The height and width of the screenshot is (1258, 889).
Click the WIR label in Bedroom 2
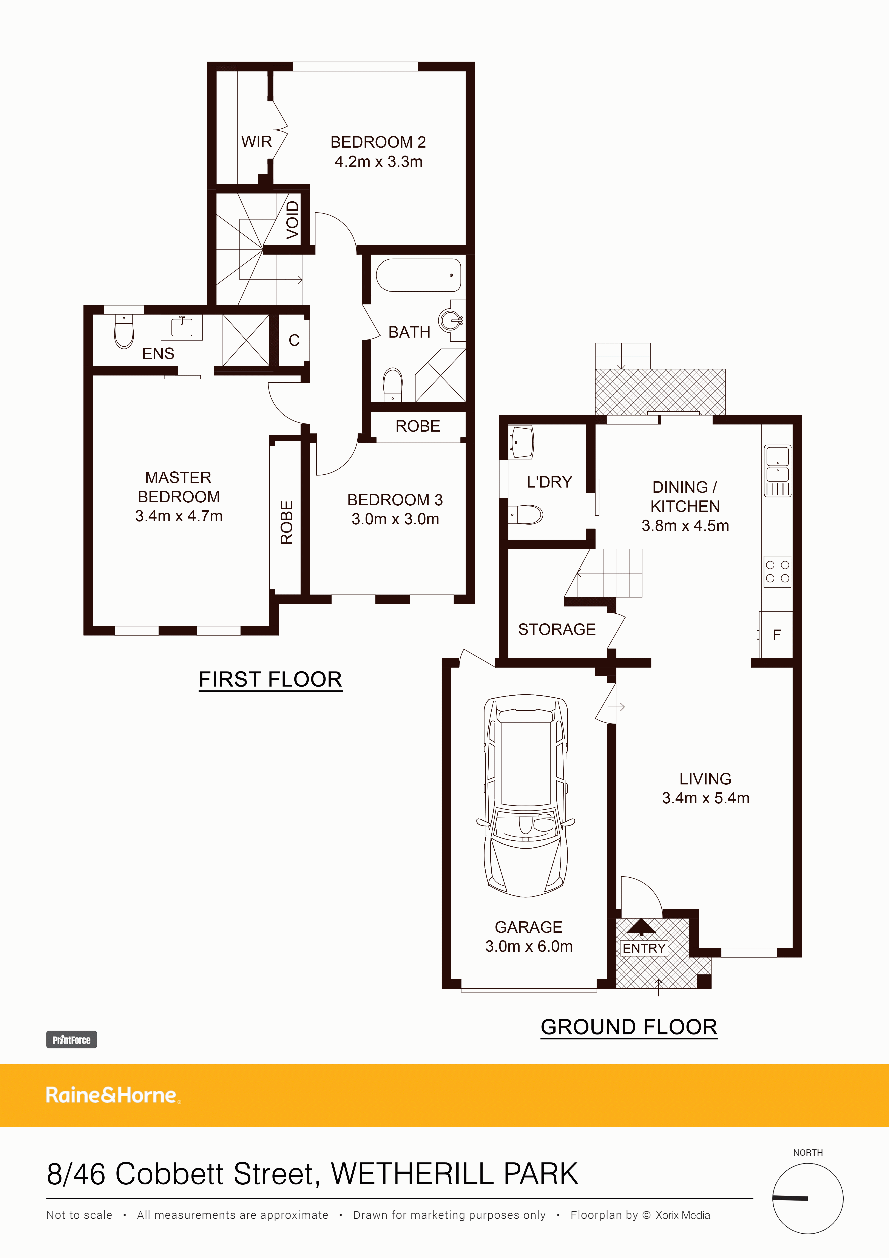pyautogui.click(x=256, y=142)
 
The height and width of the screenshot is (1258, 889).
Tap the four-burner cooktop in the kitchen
pyautogui.click(x=777, y=571)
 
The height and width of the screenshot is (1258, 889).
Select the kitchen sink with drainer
pyautogui.click(x=777, y=470)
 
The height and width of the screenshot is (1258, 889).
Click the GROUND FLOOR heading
pyautogui.click(x=629, y=1027)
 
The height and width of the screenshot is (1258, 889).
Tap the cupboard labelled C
pyautogui.click(x=294, y=340)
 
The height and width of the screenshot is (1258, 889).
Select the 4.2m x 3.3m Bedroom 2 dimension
pyautogui.click(x=378, y=162)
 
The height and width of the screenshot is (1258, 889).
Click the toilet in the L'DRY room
pyautogui.click(x=527, y=514)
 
